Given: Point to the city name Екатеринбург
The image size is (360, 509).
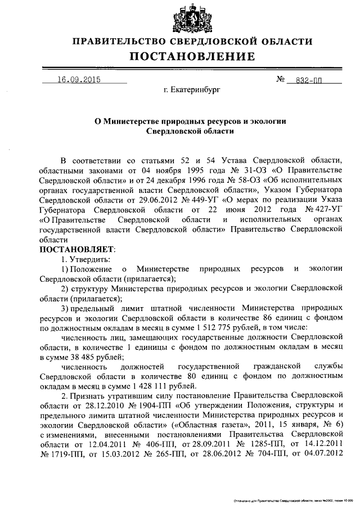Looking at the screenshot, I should (x=191, y=89).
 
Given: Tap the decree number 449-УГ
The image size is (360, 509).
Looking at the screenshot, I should (x=204, y=200).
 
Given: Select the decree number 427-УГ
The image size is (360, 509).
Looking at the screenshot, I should (x=322, y=210).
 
